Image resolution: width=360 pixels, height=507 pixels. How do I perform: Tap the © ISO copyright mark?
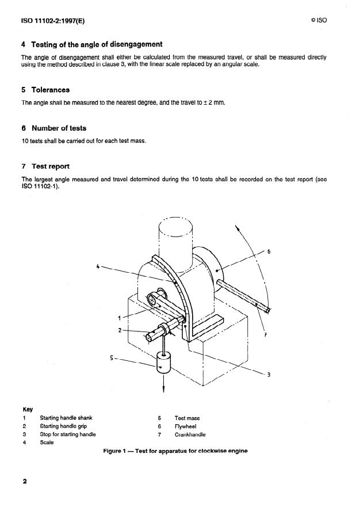pyautogui.click(x=319, y=21)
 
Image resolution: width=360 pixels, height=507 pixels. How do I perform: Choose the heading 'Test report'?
pyautogui.click(x=45, y=166)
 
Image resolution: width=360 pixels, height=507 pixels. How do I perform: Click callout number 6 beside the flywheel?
pyautogui.click(x=269, y=251)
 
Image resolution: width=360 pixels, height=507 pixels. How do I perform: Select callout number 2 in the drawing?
pyautogui.click(x=120, y=330)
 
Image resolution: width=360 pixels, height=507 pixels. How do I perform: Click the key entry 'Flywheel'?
pyautogui.click(x=186, y=426)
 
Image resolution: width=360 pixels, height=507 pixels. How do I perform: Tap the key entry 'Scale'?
pyautogui.click(x=47, y=443)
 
